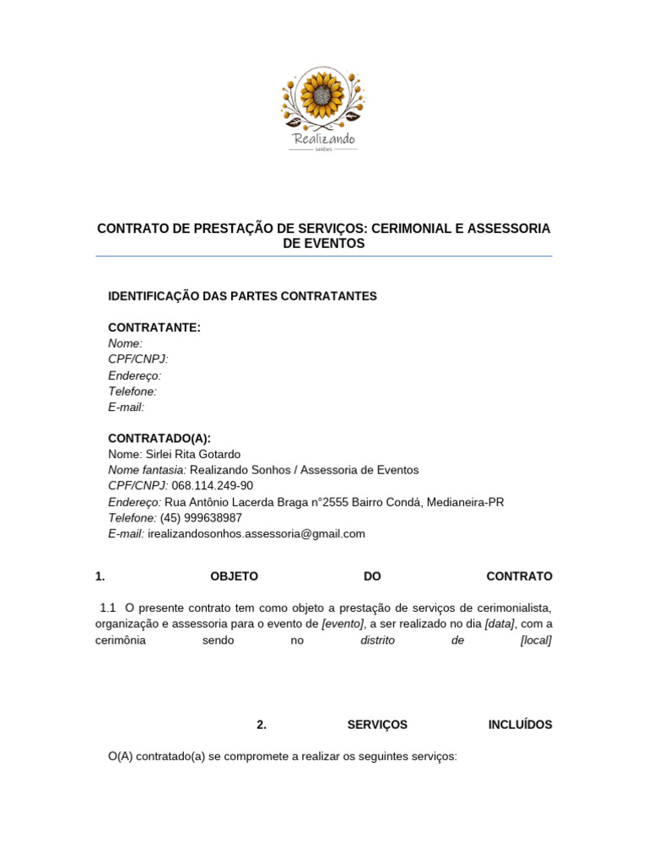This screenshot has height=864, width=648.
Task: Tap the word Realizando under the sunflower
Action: (323, 138)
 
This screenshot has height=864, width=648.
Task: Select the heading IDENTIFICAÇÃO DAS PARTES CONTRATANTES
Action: (242, 296)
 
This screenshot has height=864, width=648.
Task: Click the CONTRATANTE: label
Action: (154, 327)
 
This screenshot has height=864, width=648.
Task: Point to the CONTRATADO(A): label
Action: (159, 438)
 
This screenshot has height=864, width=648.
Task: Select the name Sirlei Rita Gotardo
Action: (193, 454)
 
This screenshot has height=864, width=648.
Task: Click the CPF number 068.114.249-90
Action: (212, 486)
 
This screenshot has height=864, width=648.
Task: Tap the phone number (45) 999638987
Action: (201, 517)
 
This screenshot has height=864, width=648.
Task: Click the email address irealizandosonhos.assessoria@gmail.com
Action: (256, 533)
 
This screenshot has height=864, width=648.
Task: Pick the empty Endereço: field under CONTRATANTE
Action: (135, 375)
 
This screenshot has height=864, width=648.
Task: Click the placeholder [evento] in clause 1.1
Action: (343, 624)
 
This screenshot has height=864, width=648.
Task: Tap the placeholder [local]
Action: (537, 640)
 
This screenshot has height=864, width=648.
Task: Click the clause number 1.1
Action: (107, 607)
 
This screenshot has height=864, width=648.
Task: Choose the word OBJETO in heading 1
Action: (234, 576)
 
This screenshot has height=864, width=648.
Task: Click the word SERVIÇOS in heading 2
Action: (377, 725)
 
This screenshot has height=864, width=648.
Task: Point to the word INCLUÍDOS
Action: (520, 725)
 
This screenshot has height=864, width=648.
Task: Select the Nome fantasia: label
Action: (148, 470)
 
